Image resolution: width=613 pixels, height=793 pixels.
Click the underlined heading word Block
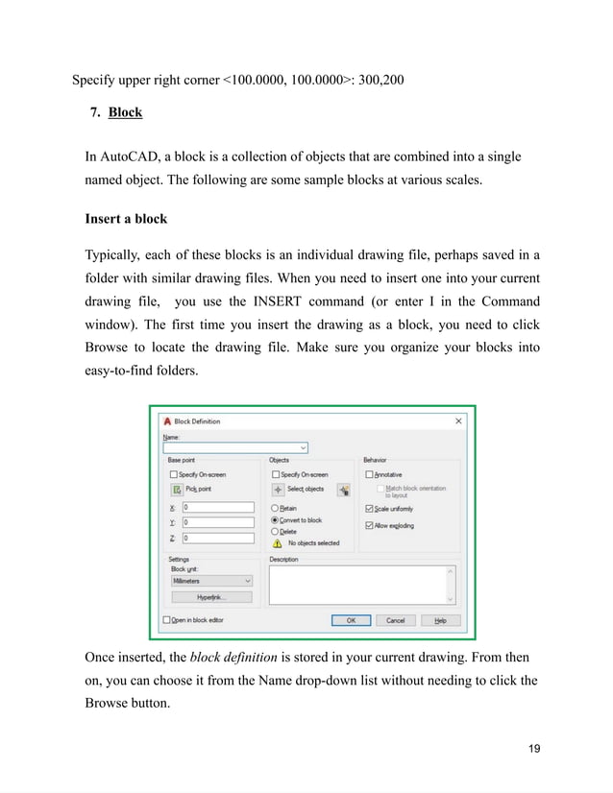coord(125,112)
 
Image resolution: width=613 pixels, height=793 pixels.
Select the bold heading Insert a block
coord(126,218)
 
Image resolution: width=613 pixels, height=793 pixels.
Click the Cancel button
coord(395,620)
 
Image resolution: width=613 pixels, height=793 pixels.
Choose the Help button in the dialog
coord(440,620)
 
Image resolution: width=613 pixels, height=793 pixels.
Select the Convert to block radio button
coord(276,519)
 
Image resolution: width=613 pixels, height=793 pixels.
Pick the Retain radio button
coord(276,508)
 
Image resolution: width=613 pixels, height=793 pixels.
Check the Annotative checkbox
coord(369,474)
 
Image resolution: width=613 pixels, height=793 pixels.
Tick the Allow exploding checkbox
coord(369,525)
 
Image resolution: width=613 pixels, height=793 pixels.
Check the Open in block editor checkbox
coord(167,620)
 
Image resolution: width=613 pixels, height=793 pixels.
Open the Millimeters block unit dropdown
coord(210,580)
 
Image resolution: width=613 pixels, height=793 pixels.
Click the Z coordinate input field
coord(217,538)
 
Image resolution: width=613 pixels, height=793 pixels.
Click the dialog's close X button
coord(458,421)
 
